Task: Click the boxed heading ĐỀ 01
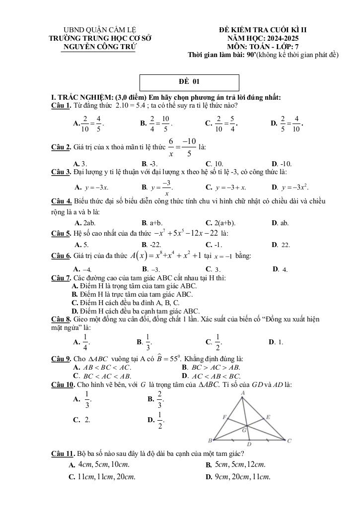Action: coord(189,82)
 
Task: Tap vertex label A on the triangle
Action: coord(243,393)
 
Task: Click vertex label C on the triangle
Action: coord(289,440)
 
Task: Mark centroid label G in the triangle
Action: coord(244,431)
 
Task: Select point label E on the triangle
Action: coord(268,417)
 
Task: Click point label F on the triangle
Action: coord(224,417)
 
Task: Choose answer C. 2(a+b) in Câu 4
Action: coord(220,223)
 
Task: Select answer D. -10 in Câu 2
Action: coord(282,164)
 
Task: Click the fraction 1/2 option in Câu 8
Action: coord(217,342)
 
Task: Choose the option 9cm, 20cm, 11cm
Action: coord(238,477)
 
